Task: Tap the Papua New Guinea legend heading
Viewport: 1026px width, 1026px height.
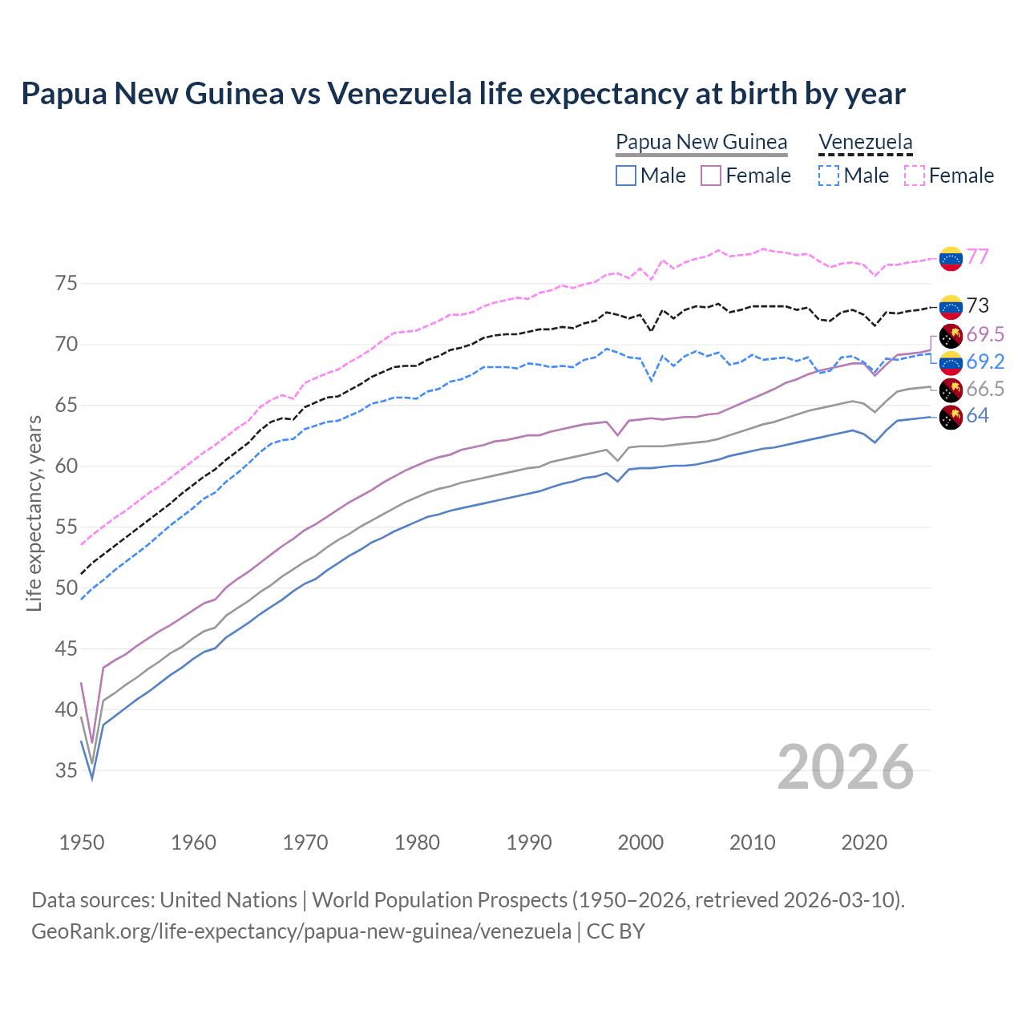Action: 701,142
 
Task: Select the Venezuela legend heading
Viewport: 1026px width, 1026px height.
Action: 865,142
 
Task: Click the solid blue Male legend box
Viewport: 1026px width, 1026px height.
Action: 626,176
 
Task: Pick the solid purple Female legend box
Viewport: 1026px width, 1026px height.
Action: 711,176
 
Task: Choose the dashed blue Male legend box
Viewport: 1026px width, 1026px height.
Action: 829,176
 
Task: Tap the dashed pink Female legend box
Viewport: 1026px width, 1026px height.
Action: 915,176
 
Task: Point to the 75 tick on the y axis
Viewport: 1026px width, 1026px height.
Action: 67,284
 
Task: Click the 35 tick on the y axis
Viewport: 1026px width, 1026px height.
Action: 67,771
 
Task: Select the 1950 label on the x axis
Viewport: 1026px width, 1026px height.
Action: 82,842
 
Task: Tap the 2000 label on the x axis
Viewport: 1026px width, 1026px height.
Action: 640,842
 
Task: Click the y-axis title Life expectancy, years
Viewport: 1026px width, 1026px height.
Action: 34,513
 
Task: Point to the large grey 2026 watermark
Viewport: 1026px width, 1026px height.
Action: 846,767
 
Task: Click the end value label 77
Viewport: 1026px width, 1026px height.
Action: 977,257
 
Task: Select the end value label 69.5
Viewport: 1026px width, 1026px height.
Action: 985,334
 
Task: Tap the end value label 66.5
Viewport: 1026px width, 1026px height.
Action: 985,390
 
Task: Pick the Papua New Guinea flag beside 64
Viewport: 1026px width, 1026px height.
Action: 951,417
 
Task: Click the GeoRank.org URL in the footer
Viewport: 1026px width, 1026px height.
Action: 301,931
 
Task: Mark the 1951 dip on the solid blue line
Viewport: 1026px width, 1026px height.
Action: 92,778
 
